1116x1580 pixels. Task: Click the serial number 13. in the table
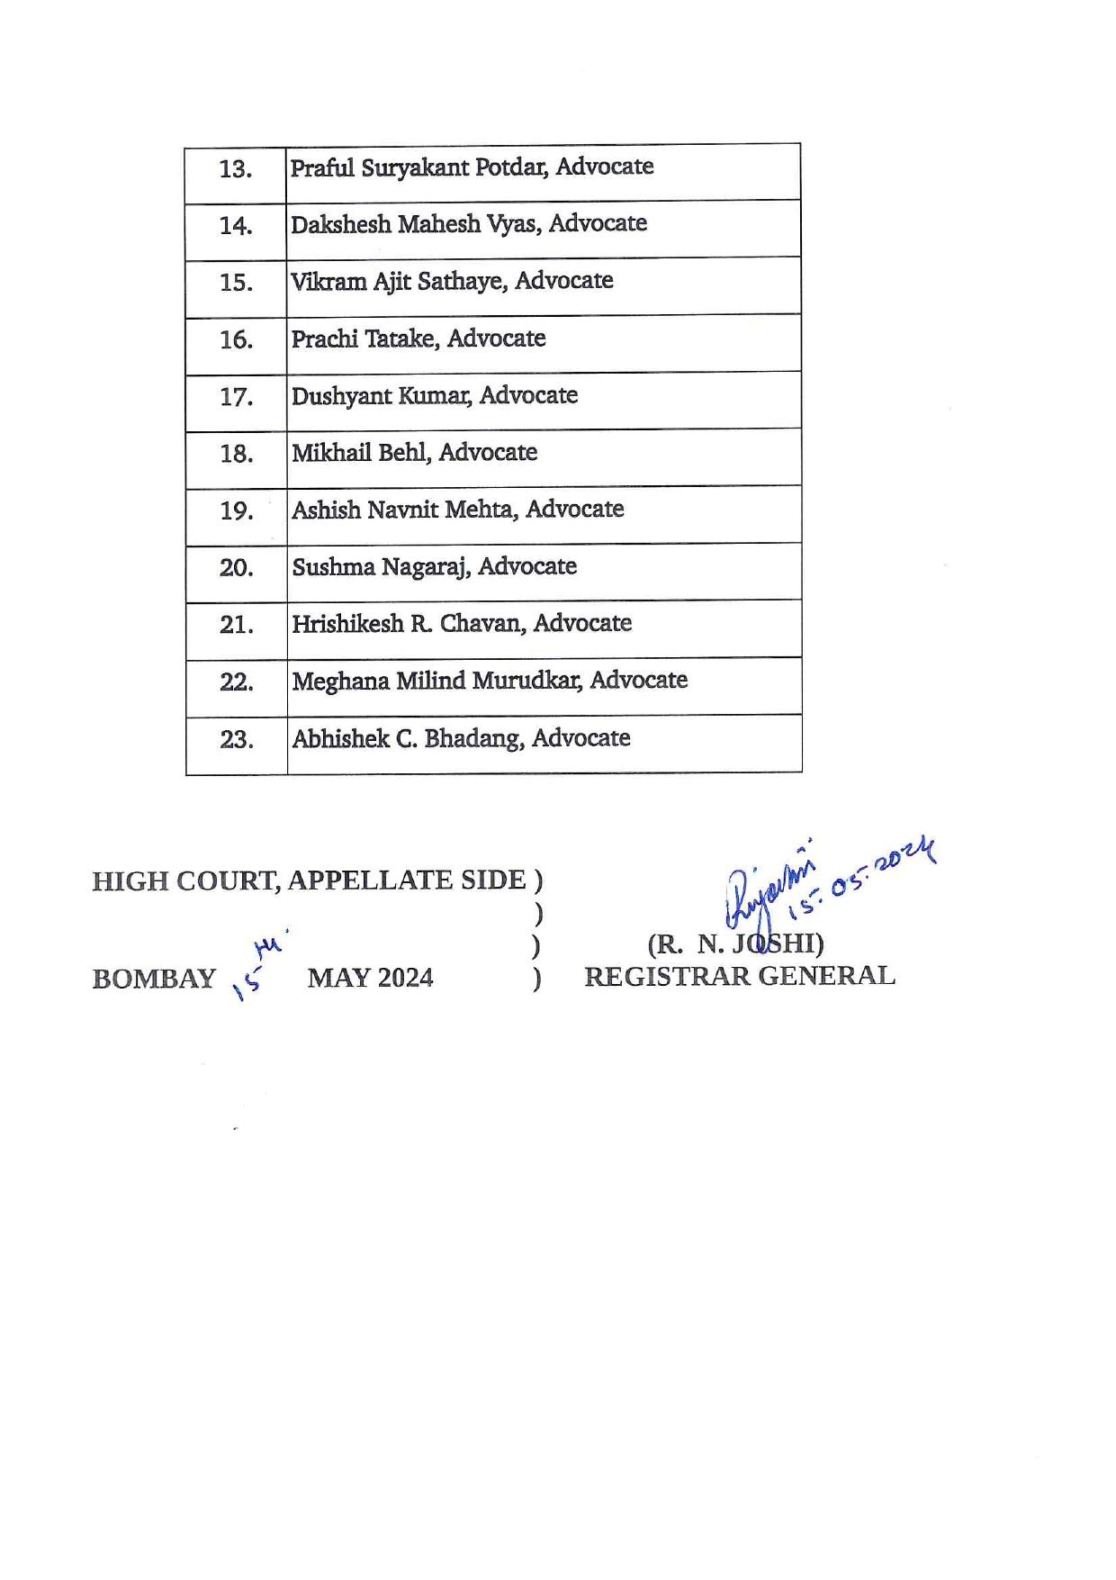pyautogui.click(x=235, y=169)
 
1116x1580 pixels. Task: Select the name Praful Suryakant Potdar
pyautogui.click(x=419, y=167)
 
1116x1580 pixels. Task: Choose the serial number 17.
pyautogui.click(x=236, y=397)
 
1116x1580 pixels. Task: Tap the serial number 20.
pyautogui.click(x=236, y=568)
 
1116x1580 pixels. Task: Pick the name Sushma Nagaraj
pyautogui.click(x=381, y=567)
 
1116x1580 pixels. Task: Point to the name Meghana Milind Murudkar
pyautogui.click(x=438, y=681)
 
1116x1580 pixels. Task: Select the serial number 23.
pyautogui.click(x=236, y=740)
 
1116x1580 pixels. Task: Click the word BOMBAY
pyautogui.click(x=154, y=979)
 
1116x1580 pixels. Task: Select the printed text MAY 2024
pyautogui.click(x=370, y=978)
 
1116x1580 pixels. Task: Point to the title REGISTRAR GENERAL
pyautogui.click(x=740, y=976)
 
